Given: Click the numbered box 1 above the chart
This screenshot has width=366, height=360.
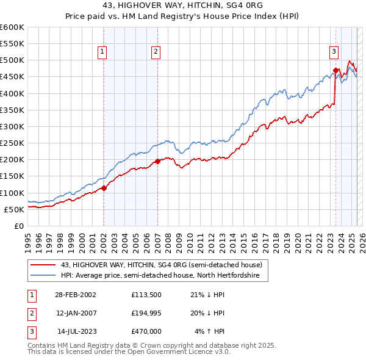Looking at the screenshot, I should [x=101, y=52].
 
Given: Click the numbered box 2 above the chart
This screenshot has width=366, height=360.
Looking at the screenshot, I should [x=156, y=52].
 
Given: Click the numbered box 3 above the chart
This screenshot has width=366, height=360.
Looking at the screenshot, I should [x=334, y=52].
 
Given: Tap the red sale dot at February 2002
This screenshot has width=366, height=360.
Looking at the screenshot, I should [x=104, y=188].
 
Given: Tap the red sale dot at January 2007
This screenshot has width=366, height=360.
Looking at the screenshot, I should [x=157, y=161].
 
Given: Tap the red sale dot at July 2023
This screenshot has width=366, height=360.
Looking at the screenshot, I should [x=336, y=70].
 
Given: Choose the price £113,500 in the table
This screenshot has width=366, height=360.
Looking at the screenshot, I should [x=146, y=295].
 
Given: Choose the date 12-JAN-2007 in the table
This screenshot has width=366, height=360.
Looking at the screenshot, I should [x=75, y=313].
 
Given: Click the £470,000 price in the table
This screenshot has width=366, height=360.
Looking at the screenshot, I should [x=146, y=331].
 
